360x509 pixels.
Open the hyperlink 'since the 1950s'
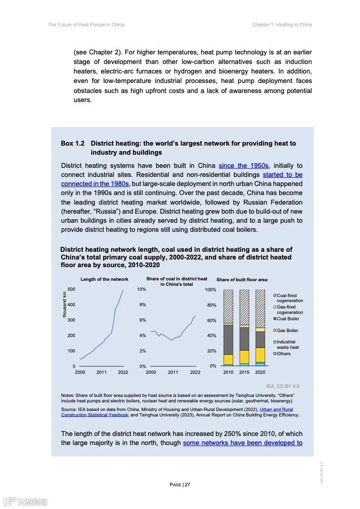point(244,166)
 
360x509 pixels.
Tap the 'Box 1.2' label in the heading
point(73,143)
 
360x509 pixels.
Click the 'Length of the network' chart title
point(104,279)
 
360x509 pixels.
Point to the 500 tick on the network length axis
point(71,289)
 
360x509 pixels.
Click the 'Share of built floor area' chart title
point(242,280)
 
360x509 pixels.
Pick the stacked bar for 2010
point(228,327)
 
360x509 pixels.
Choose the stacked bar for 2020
point(260,327)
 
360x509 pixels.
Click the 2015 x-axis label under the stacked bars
point(244,372)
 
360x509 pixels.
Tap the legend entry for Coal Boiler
point(288,319)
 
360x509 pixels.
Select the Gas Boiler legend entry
point(287,330)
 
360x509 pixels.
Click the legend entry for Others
point(283,354)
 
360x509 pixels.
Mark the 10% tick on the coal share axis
point(141,289)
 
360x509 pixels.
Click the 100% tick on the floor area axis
point(211,289)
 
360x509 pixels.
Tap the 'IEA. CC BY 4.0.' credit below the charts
point(283,386)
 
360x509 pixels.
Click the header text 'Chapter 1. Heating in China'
point(282,24)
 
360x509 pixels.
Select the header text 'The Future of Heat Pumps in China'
point(86,24)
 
